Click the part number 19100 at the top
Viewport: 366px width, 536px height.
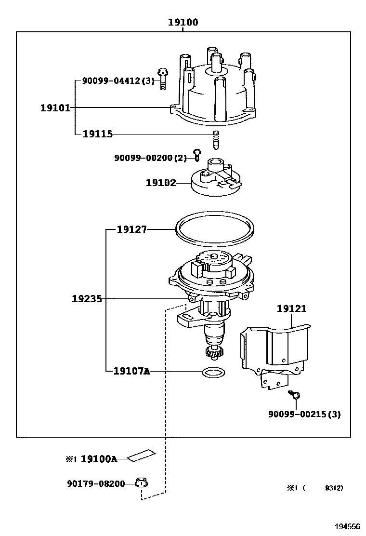pyautogui.click(x=183, y=22)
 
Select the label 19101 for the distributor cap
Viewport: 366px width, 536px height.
pyautogui.click(x=55, y=107)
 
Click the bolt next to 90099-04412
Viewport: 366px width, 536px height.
pyautogui.click(x=164, y=79)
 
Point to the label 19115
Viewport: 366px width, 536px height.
pyautogui.click(x=97, y=134)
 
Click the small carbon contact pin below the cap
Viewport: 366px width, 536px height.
pyautogui.click(x=216, y=140)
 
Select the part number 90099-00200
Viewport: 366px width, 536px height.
pyautogui.click(x=144, y=158)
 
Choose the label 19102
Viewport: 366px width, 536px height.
pyautogui.click(x=161, y=183)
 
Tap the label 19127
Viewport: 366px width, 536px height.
pyautogui.click(x=131, y=229)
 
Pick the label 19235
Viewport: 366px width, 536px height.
pyautogui.click(x=87, y=299)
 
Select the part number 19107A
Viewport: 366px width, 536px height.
pyautogui.click(x=131, y=371)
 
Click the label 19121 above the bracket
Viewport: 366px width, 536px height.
pyautogui.click(x=291, y=309)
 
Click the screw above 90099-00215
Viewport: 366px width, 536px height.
pyautogui.click(x=295, y=395)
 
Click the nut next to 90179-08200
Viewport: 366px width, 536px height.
pyautogui.click(x=141, y=483)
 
